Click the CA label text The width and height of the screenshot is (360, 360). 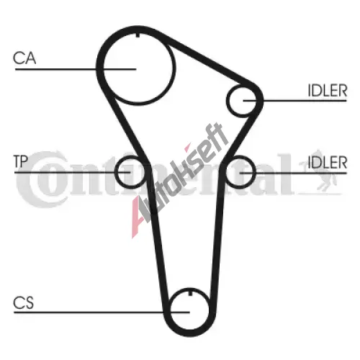tap(24, 58)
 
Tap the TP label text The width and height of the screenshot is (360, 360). tap(21, 161)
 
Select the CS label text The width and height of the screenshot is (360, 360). tap(23, 303)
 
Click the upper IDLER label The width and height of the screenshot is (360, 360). tap(328, 91)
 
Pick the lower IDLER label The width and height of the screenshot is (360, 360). tap(328, 162)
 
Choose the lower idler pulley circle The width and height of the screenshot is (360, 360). tap(254, 172)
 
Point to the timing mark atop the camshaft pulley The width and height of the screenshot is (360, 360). tap(138, 35)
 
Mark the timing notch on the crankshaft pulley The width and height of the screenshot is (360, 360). tap(190, 293)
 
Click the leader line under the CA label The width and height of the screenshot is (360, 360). tap(76, 69)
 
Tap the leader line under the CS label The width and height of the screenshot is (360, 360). tap(102, 312)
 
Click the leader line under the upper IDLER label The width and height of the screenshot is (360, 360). tap(295, 101)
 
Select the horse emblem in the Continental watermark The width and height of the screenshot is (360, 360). tap(319, 171)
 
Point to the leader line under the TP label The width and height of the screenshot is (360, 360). tap(72, 173)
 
